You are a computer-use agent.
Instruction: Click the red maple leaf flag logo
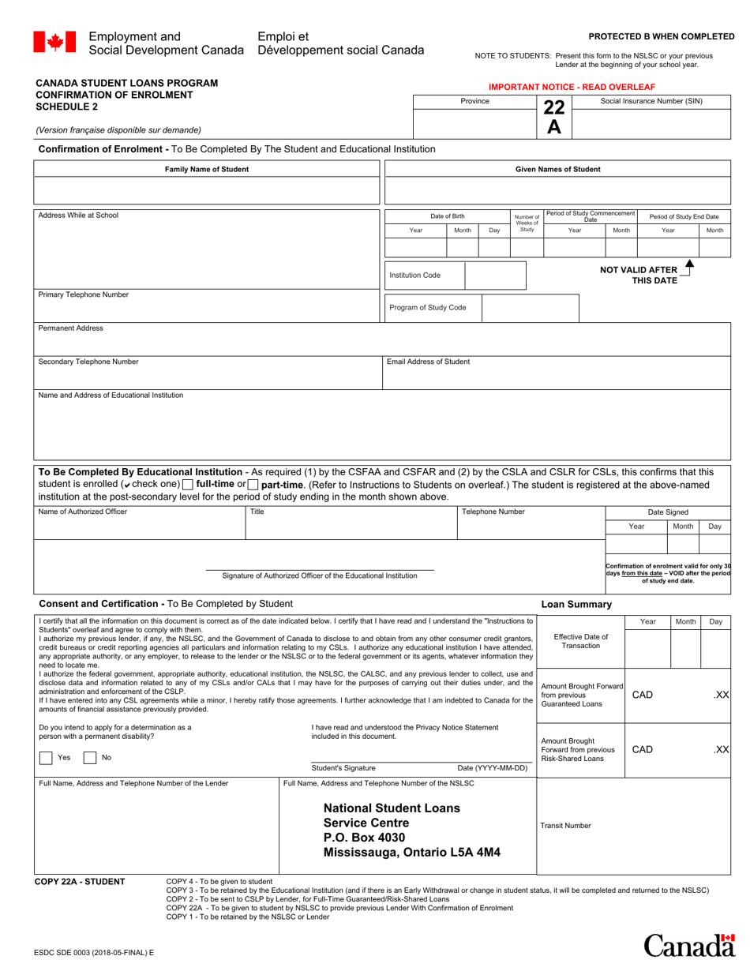point(54,42)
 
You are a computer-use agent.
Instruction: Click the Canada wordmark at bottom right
point(688,945)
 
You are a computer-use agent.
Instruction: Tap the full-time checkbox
point(187,484)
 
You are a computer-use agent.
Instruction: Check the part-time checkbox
point(253,484)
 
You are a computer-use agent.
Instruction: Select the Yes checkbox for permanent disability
point(47,757)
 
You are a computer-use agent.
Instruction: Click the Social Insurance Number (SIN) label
point(651,101)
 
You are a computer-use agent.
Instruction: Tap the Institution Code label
point(414,276)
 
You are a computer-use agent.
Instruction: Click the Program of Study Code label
point(427,307)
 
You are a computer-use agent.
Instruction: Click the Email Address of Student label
point(428,362)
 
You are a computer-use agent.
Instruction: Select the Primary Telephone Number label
point(83,294)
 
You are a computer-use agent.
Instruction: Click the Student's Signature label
point(343,767)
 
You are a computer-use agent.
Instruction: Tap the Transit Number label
point(565,826)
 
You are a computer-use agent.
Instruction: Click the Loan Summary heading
point(576,605)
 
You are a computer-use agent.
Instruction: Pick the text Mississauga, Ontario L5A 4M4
point(411,853)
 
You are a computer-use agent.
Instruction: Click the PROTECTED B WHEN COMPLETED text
point(661,36)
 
